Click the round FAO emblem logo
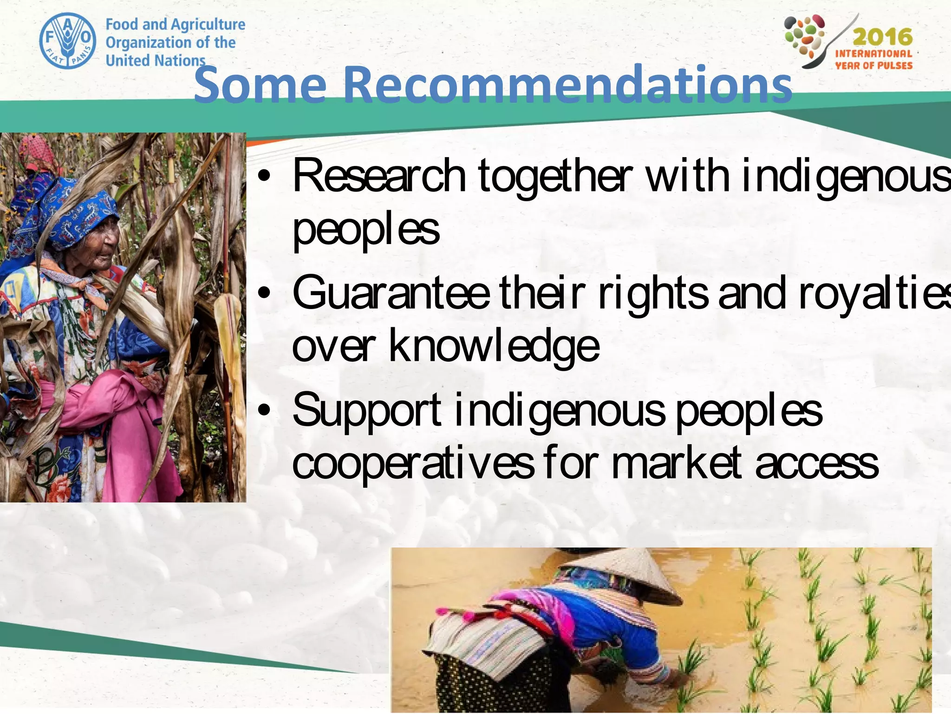(68, 41)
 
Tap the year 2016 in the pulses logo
(882, 37)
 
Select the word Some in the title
(260, 85)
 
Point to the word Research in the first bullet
(379, 176)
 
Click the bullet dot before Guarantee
(264, 293)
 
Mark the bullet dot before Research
(264, 176)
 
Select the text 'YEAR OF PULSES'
(873, 66)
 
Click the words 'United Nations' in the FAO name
(155, 60)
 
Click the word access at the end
(817, 463)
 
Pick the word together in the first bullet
(555, 176)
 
